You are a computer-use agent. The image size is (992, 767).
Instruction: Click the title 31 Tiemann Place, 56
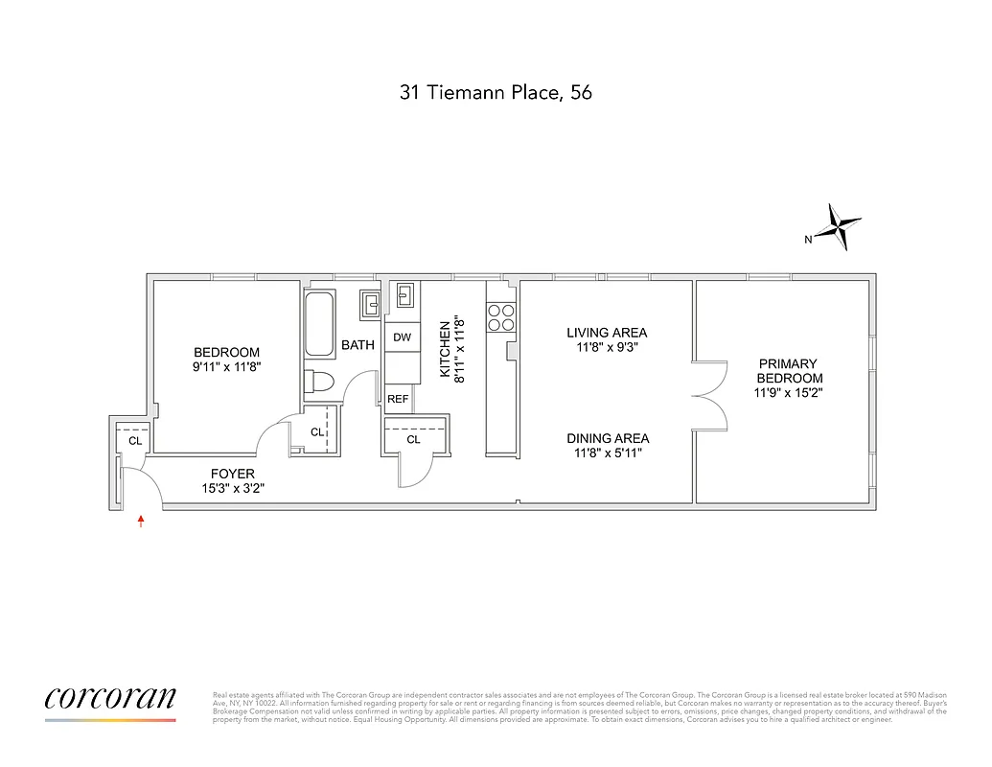(496, 93)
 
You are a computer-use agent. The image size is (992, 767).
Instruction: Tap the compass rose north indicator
(840, 228)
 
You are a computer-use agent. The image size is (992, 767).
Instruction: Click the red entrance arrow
(142, 522)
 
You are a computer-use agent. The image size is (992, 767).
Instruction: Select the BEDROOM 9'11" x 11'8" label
(226, 360)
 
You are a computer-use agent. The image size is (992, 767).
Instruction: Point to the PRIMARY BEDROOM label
(788, 378)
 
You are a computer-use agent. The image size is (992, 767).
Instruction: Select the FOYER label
(233, 480)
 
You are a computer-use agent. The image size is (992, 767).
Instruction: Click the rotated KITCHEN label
(451, 351)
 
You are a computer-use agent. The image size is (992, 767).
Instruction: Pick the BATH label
(358, 345)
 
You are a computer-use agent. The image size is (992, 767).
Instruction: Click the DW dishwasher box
(402, 337)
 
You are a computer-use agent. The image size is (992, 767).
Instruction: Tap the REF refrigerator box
(399, 399)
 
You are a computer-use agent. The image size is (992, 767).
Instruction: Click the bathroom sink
(369, 304)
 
